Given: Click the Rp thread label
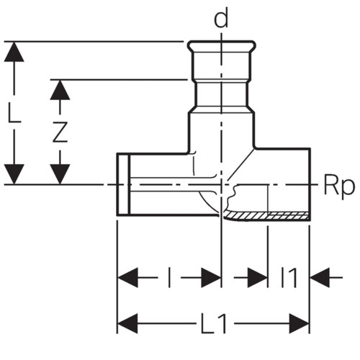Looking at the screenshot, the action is pos(339,186).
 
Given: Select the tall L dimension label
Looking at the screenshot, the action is pos(14,112).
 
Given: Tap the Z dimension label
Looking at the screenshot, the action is pos(60,132).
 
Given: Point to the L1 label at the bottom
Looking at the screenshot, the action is pos(214,323).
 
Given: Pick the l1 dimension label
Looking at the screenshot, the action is pos(289,278).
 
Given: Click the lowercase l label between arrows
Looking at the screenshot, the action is pos(169,278).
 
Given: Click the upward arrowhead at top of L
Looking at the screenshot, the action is pos(14,52).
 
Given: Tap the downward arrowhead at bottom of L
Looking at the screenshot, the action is pos(14,174).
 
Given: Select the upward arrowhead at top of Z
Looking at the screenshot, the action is pos(60,90).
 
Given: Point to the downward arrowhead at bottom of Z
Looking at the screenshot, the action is pos(60,174).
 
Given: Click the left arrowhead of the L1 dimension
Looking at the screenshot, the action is pos(127,323).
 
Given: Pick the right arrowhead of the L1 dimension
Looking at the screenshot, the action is pos(300,323).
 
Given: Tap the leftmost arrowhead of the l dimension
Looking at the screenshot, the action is pos(127,278).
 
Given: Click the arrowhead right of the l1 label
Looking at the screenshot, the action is pos(320,278).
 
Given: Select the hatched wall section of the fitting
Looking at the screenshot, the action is pos(266,216).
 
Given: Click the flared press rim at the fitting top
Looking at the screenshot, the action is pos(221,45).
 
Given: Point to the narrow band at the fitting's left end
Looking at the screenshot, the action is pos(123,184).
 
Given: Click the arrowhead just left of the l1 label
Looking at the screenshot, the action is pos(258,278).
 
